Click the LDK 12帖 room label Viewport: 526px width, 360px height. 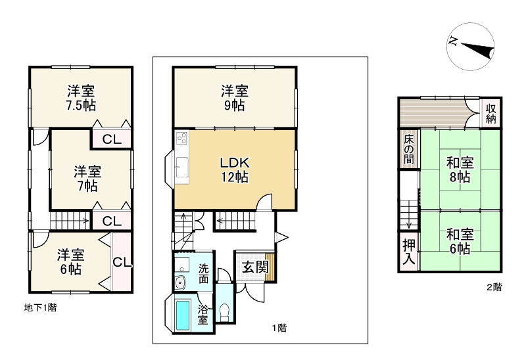pos(235,169)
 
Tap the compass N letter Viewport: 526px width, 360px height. pos(453,41)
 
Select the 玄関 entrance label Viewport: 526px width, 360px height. pos(256,267)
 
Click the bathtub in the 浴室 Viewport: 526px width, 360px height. pos(183,315)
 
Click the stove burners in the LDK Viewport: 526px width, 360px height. pos(182,138)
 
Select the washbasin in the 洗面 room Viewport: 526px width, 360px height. pos(181,282)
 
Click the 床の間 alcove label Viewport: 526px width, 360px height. pos(408,149)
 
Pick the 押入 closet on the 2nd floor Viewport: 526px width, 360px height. pos(409,252)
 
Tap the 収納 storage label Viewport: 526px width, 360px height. pos(491,113)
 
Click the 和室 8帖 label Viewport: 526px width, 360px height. pos(460,169)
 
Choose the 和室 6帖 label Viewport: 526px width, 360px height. pos(460,241)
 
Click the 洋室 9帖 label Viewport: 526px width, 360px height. pos(235,98)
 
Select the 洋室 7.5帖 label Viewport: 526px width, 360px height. pos(81,98)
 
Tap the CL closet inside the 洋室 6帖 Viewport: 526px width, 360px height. pos(122,261)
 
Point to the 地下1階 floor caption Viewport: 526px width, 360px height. pos(40,307)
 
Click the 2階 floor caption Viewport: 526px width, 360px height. pos(494,287)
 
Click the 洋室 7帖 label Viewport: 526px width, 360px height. pos(87,178)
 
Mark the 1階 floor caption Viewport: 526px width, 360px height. pos(279,328)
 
